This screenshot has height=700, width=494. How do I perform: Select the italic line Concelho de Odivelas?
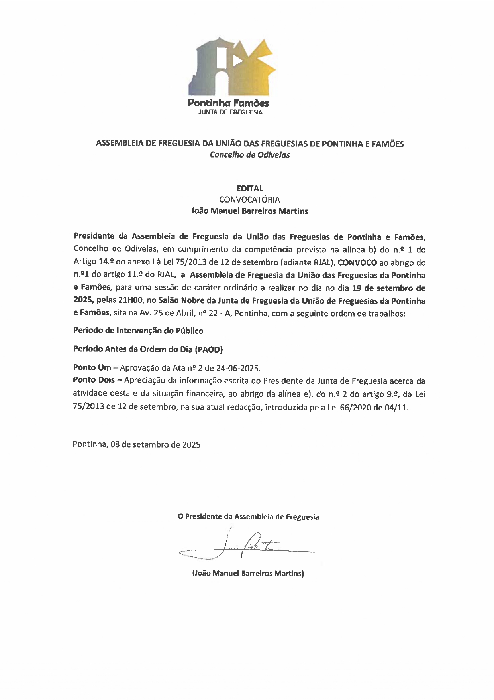(x=250, y=155)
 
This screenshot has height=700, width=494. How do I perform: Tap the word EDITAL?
(x=250, y=188)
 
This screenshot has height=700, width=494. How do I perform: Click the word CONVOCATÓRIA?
(x=250, y=199)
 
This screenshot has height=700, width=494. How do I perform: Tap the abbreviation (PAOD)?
(x=209, y=349)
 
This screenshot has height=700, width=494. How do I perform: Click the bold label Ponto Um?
(x=92, y=367)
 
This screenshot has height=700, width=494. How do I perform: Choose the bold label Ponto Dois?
(x=94, y=380)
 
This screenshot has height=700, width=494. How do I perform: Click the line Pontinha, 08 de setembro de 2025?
(x=136, y=444)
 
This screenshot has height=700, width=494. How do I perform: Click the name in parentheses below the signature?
(x=248, y=574)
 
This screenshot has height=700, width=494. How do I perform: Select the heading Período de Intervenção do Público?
(x=138, y=331)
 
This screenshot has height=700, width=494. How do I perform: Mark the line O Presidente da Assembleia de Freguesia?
(x=248, y=517)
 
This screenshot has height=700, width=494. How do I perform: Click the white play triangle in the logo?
(x=237, y=60)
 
